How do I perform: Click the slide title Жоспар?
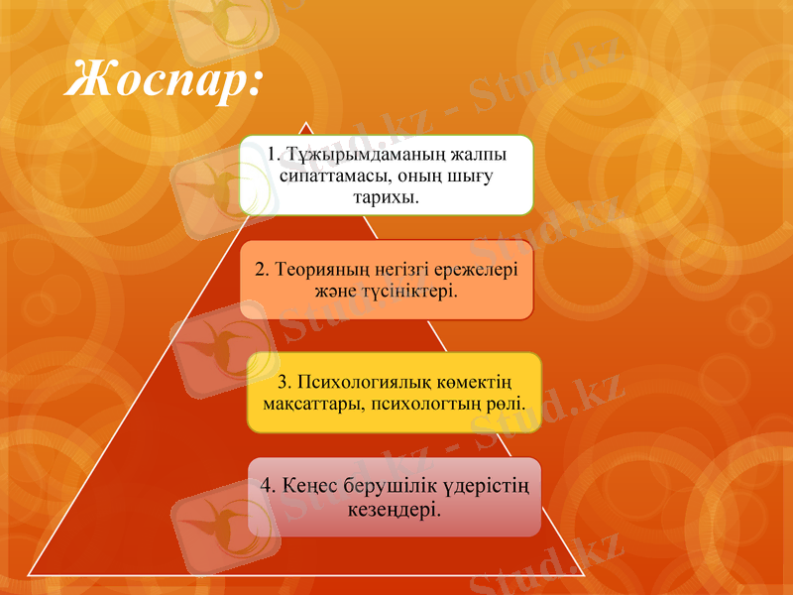click(x=164, y=79)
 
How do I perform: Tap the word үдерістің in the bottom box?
click(x=487, y=486)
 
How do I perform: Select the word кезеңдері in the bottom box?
click(x=394, y=508)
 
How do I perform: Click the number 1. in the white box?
click(x=274, y=156)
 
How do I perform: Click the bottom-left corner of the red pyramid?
click(x=30, y=572)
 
